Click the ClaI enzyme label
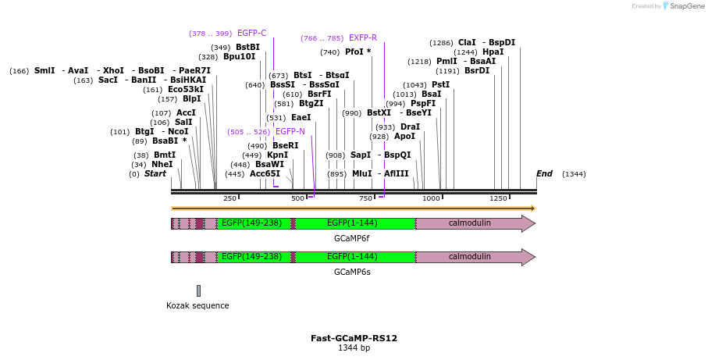[467, 43]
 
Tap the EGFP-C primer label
[251, 34]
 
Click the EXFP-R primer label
[363, 38]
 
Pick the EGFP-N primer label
[290, 132]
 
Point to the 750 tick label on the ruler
[365, 198]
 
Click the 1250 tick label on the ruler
[498, 198]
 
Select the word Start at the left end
[155, 173]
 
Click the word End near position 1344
[544, 173]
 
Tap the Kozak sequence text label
[197, 305]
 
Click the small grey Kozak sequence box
[198, 290]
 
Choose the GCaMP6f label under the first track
[352, 238]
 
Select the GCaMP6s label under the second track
[352, 272]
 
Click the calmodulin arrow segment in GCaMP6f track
[470, 223]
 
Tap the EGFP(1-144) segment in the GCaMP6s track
[352, 257]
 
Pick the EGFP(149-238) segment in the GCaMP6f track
[251, 223]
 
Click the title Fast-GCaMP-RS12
[354, 338]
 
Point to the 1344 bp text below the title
[354, 348]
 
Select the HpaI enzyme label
[493, 52]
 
